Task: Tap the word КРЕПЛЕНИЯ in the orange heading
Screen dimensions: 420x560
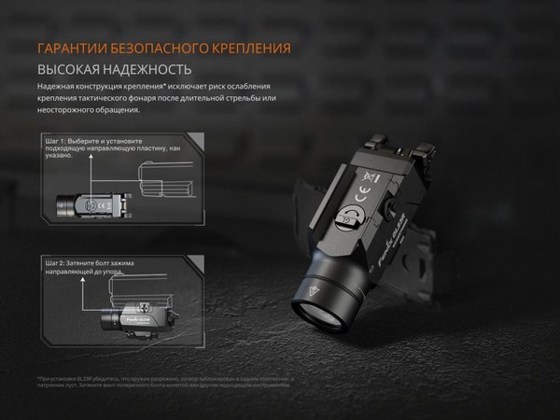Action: (248, 48)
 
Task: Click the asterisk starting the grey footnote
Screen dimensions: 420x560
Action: (39, 377)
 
